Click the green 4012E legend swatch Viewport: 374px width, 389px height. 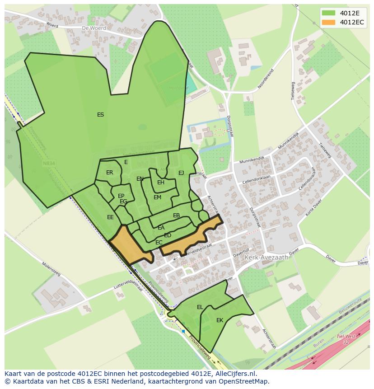[x=329, y=13]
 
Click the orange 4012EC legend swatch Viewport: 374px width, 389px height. [x=329, y=22]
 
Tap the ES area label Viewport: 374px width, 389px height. [x=100, y=115]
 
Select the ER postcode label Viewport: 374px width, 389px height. [x=110, y=173]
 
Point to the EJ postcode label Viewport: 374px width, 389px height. [x=181, y=173]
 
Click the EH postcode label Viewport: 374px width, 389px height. [x=161, y=183]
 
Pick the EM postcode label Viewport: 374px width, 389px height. [x=157, y=197]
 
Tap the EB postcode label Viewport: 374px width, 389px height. [x=177, y=216]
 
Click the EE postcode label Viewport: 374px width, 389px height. [x=110, y=217]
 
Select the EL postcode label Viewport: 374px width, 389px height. [x=200, y=307]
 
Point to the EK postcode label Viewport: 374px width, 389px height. [x=220, y=320]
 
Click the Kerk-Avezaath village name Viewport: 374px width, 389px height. [x=266, y=257]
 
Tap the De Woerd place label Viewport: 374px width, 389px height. [x=94, y=28]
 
